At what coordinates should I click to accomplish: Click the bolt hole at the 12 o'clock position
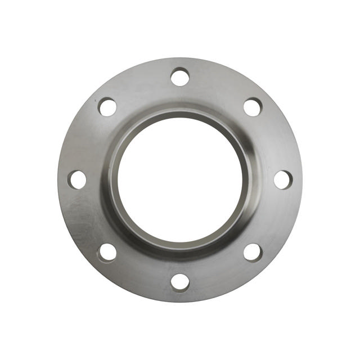tap(180, 76)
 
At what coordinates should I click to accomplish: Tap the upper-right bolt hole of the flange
tap(253, 107)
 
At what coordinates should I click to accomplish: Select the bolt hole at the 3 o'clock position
tap(283, 179)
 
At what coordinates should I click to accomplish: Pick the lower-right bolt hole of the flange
tap(253, 252)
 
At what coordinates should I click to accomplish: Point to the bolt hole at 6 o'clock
tap(180, 282)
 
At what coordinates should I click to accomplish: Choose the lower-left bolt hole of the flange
tap(107, 252)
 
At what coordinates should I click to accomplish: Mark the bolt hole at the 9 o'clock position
tap(78, 179)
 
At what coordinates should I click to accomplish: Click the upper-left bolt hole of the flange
tap(107, 107)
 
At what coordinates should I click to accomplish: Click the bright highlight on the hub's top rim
tap(180, 110)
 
